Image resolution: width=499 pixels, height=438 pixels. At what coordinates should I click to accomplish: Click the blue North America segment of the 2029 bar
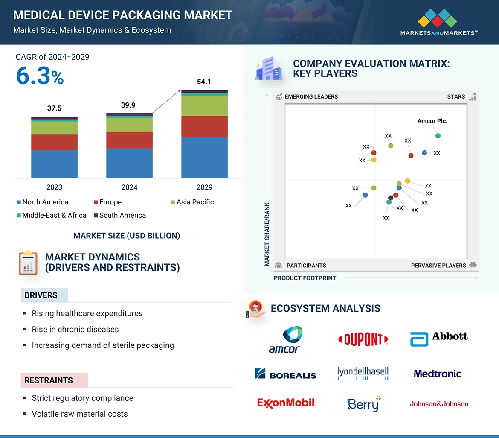[204, 157]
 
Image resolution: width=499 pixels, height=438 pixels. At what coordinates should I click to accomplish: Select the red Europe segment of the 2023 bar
[54, 142]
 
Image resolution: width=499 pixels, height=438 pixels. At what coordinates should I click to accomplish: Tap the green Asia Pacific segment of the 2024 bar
[129, 124]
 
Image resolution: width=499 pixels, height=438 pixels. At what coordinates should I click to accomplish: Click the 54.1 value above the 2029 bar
[204, 82]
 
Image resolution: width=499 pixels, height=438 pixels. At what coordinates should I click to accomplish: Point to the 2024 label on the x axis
[129, 187]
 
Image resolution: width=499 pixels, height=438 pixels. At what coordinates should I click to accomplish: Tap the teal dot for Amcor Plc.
[438, 136]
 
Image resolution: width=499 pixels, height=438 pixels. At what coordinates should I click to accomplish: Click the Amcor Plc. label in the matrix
[432, 121]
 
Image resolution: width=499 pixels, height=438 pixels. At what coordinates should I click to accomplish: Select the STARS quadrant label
[456, 97]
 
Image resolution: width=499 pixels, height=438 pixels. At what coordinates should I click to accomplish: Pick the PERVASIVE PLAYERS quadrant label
[438, 266]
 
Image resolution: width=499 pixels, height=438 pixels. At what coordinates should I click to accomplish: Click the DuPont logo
[363, 339]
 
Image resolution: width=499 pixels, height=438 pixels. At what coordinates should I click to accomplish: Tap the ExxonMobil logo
[286, 403]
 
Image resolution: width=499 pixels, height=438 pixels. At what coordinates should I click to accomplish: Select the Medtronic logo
[437, 374]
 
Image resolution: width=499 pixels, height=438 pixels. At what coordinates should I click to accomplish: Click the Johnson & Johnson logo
[439, 403]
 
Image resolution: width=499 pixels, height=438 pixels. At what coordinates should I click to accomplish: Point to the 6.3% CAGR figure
[40, 76]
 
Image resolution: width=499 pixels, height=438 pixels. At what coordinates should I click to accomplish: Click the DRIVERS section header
[41, 295]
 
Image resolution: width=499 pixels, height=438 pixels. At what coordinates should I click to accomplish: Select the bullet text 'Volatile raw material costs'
[80, 414]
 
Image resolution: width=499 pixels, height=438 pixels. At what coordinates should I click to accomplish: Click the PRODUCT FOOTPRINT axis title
[305, 278]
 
